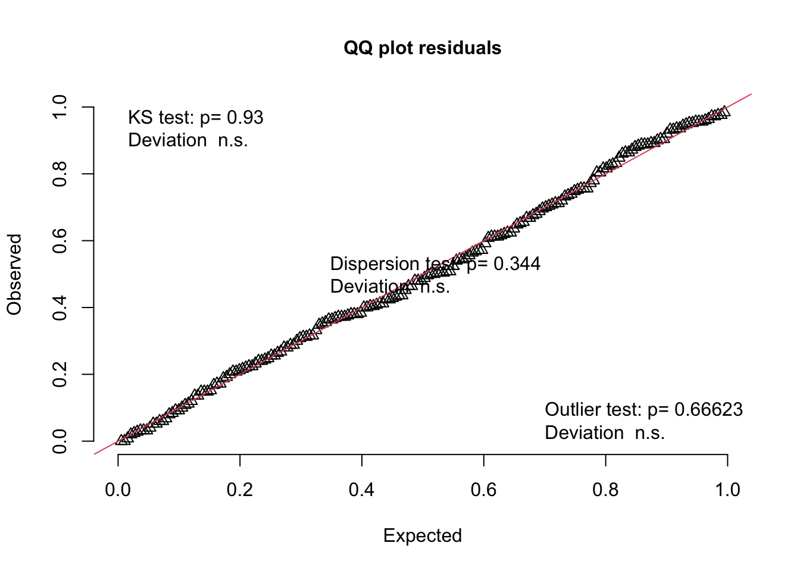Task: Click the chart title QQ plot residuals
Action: tap(422, 48)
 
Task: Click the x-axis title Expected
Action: tap(422, 535)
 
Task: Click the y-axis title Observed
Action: tap(14, 274)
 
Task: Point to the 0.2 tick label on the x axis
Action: tap(240, 490)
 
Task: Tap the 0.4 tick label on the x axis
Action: tap(362, 490)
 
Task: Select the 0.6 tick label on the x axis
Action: tap(483, 490)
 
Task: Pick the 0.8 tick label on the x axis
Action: tap(605, 490)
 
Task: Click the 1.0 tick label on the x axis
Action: tap(727, 490)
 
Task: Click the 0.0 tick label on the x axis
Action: tap(118, 490)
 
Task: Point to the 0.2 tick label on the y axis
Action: tap(60, 375)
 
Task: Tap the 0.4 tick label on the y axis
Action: tap(60, 308)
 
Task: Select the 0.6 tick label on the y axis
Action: tap(60, 241)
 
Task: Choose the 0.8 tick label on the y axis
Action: tap(60, 174)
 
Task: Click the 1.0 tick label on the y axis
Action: tap(60, 107)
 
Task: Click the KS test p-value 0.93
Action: tap(245, 118)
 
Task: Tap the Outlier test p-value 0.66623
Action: tap(708, 410)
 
